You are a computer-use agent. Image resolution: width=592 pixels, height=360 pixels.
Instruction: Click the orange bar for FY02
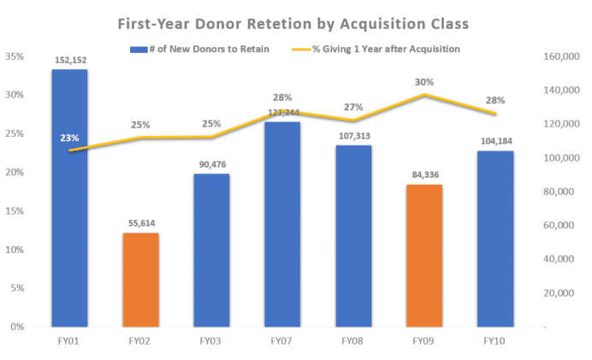(141, 280)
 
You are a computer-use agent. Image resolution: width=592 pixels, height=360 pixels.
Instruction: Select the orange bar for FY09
(424, 256)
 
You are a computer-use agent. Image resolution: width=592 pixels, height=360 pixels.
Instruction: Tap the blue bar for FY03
(212, 251)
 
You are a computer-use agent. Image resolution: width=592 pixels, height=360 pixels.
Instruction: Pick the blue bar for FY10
(495, 239)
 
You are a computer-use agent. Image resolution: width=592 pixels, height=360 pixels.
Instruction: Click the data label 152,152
(71, 61)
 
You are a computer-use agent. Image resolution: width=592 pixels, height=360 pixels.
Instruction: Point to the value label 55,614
(141, 223)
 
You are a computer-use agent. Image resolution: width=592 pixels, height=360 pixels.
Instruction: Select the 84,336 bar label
(425, 174)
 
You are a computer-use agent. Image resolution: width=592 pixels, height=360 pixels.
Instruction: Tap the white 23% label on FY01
(69, 139)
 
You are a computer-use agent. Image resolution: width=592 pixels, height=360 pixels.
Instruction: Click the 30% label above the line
(424, 82)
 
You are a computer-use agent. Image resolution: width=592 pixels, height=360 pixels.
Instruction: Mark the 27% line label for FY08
(353, 108)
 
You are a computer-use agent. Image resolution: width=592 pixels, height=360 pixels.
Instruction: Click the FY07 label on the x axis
(281, 341)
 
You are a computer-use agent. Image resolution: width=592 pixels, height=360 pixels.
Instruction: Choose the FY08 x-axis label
(352, 341)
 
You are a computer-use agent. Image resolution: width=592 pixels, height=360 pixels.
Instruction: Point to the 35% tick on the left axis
(15, 56)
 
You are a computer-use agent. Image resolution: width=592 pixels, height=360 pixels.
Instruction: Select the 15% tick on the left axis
(15, 211)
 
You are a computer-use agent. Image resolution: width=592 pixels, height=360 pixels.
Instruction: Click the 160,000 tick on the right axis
(561, 56)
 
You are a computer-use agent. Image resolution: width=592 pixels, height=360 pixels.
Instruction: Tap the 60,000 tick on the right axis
(559, 225)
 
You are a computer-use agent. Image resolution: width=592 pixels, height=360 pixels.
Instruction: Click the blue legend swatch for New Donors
(139, 50)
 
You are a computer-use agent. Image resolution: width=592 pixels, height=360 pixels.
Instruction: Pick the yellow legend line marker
(301, 49)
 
